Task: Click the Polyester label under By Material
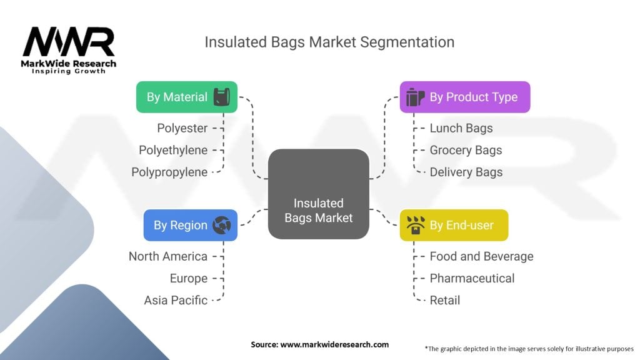(182, 128)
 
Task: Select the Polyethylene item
(173, 150)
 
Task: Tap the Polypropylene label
(169, 172)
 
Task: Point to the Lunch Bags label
(461, 128)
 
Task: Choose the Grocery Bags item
(466, 150)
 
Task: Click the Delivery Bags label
(466, 172)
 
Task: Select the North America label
(167, 256)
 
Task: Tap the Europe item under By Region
(188, 278)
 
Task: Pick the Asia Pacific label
(176, 300)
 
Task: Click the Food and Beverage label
(481, 256)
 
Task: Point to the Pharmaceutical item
(472, 278)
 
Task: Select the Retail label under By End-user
(444, 300)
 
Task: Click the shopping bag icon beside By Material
(221, 97)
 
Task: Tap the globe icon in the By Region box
(222, 225)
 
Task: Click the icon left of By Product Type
(414, 97)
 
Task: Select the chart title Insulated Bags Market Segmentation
(329, 42)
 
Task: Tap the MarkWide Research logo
(69, 50)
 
